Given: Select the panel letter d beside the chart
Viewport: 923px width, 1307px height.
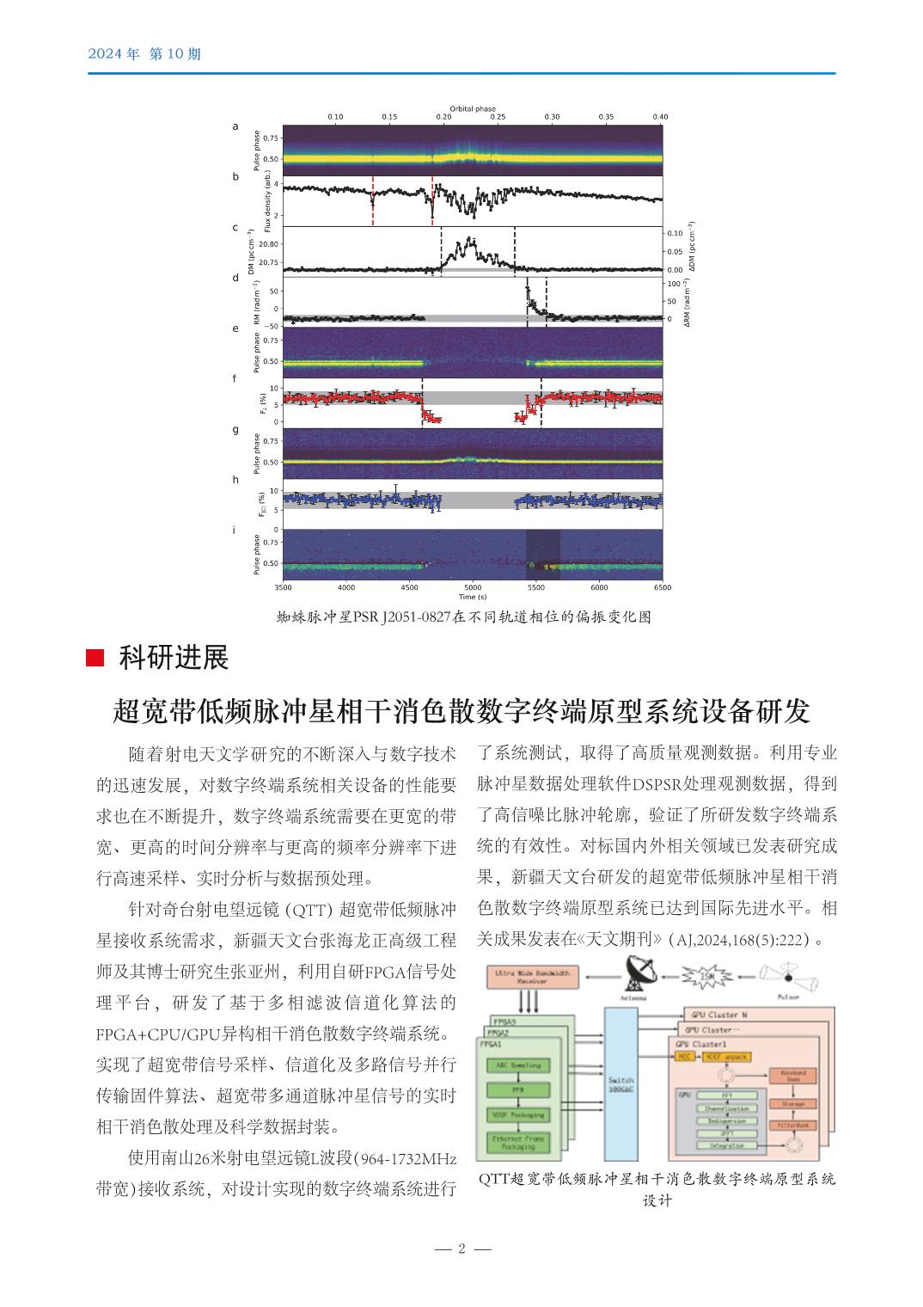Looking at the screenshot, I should pyautogui.click(x=235, y=278).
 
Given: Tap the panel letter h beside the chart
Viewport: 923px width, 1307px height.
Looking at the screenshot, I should pyautogui.click(x=235, y=480).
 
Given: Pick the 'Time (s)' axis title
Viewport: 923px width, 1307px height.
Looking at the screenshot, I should pyautogui.click(x=473, y=596).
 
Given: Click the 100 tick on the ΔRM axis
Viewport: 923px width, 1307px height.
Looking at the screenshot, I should pyautogui.click(x=674, y=284).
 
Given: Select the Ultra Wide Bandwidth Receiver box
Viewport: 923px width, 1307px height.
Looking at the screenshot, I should pyautogui.click(x=533, y=977).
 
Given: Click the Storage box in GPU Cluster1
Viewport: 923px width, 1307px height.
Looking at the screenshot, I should pyautogui.click(x=792, y=1103).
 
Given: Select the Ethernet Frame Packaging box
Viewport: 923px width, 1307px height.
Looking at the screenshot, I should pyautogui.click(x=518, y=1142).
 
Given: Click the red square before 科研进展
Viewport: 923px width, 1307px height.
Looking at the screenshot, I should pyautogui.click(x=96, y=659).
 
